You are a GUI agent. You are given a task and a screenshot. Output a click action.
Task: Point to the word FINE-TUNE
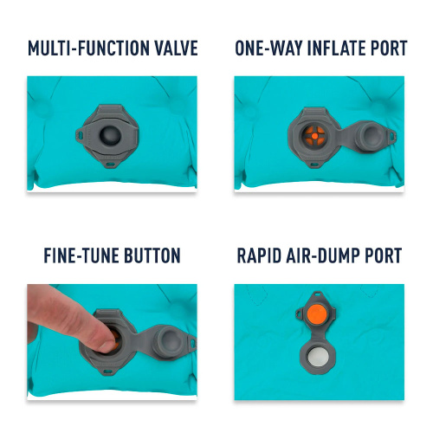pyautogui.click(x=81, y=255)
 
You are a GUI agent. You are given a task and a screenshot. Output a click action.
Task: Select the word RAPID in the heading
pyautogui.click(x=259, y=255)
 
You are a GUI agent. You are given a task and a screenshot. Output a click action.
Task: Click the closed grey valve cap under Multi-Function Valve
pyautogui.click(x=110, y=135)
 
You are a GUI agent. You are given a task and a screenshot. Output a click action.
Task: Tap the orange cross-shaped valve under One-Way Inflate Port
pyautogui.click(x=315, y=136)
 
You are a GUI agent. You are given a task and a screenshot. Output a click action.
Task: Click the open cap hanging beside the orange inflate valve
pyautogui.click(x=371, y=136)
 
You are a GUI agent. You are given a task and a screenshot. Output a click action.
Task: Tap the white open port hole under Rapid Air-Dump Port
pyautogui.click(x=318, y=358)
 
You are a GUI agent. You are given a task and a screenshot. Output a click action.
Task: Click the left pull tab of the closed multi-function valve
pyautogui.click(x=80, y=135)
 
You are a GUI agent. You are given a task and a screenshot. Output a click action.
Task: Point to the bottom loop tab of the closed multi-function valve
pyautogui.click(x=111, y=165)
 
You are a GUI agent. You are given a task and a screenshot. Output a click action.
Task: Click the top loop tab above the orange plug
pyautogui.click(x=317, y=294)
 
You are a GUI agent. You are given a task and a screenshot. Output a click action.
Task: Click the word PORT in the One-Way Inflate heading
pyautogui.click(x=389, y=48)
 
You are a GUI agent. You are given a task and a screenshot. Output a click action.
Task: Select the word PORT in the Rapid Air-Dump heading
pyautogui.click(x=384, y=255)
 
